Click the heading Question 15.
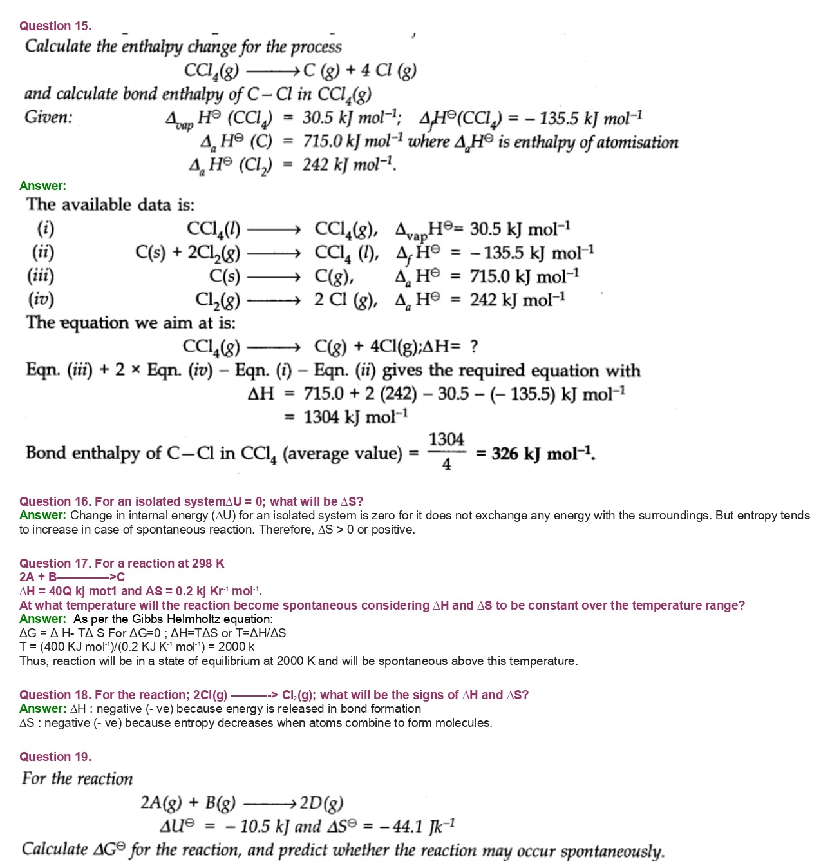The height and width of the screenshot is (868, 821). [x=55, y=26]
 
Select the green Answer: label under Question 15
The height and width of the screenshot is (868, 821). [x=42, y=186]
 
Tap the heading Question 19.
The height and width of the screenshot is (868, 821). [x=55, y=757]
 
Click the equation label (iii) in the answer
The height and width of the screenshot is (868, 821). [x=41, y=276]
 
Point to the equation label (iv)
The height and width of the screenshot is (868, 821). [x=41, y=299]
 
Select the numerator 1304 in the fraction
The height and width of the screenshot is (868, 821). [x=446, y=439]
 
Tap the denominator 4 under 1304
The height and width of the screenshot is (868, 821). [x=446, y=464]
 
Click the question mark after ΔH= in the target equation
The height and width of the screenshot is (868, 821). [x=474, y=347]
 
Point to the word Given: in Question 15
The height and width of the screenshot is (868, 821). [x=48, y=117]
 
